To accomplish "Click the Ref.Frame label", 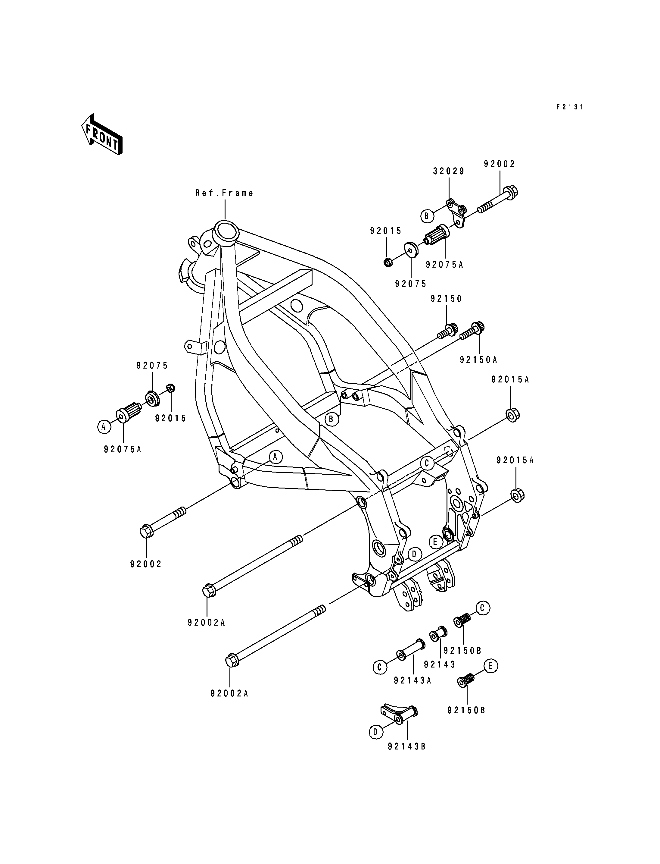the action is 224,193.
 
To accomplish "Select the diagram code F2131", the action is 570,107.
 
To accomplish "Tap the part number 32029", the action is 449,171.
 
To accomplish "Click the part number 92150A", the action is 478,360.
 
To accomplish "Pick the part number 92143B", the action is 406,746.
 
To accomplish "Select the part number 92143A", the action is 412,680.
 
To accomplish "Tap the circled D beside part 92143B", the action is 375,732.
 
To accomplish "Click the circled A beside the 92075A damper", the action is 104,426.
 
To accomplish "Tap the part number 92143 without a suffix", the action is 440,664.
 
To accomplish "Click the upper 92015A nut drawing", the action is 512,415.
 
